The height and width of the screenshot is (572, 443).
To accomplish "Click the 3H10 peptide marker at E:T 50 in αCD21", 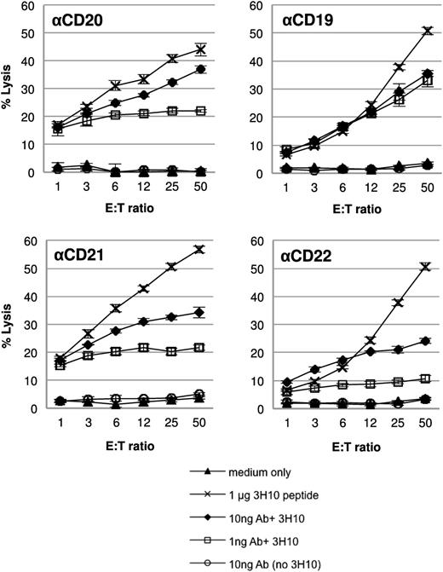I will pos(200,249).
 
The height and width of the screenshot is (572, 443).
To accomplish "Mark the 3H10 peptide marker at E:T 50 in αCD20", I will pos(200,49).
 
